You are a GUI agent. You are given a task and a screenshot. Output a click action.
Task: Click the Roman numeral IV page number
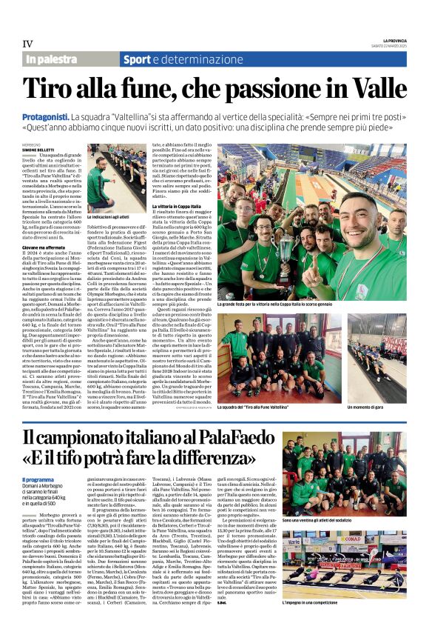[28, 43]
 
